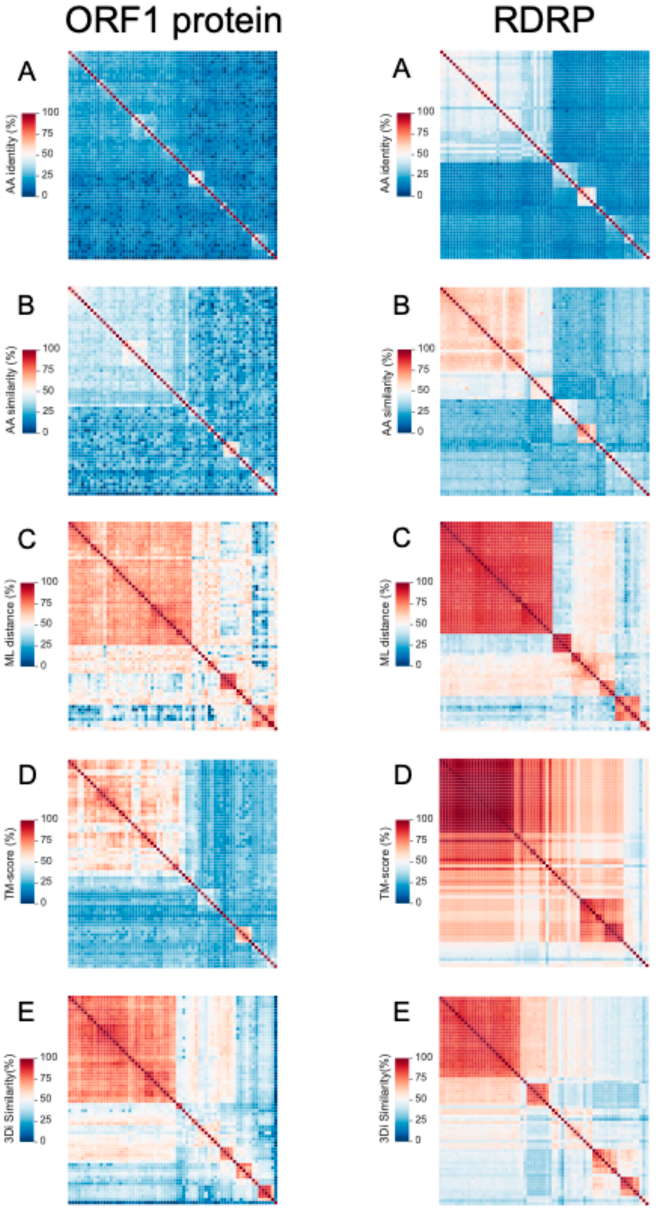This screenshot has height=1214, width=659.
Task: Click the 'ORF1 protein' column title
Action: click(x=174, y=21)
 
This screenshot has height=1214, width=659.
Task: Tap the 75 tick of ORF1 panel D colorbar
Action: click(x=47, y=840)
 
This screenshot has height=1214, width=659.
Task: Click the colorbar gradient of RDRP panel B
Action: click(x=404, y=390)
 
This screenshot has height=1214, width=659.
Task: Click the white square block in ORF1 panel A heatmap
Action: click(x=196, y=179)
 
